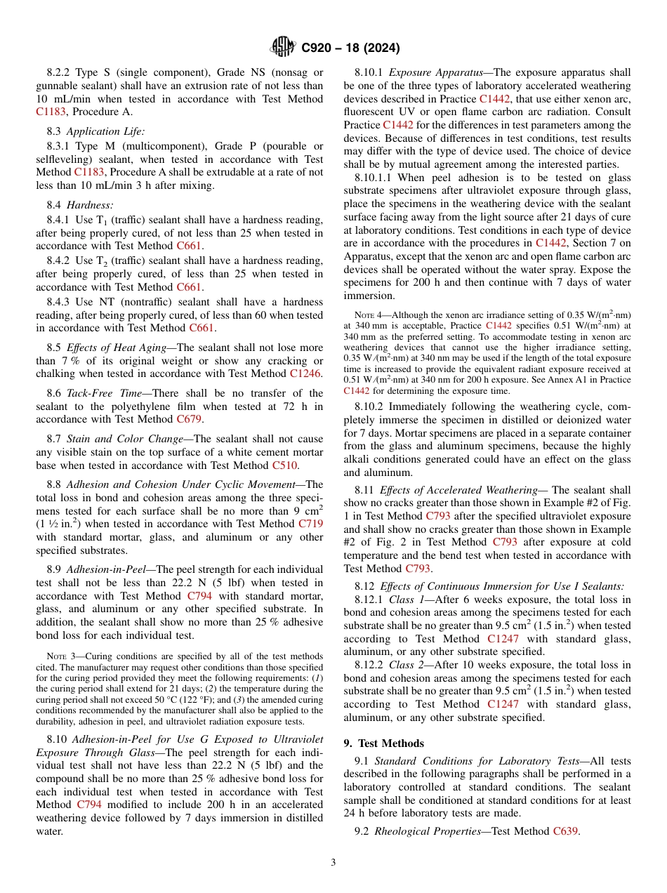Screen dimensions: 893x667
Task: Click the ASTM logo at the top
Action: click(x=283, y=47)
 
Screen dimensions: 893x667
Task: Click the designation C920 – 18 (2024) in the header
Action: click(x=350, y=48)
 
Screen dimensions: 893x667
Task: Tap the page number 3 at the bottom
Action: click(x=333, y=863)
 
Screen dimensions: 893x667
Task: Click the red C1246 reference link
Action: click(x=305, y=373)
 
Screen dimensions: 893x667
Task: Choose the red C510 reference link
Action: click(x=285, y=465)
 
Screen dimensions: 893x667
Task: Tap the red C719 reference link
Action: click(x=310, y=523)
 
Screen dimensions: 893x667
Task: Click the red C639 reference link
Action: click(x=566, y=831)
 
